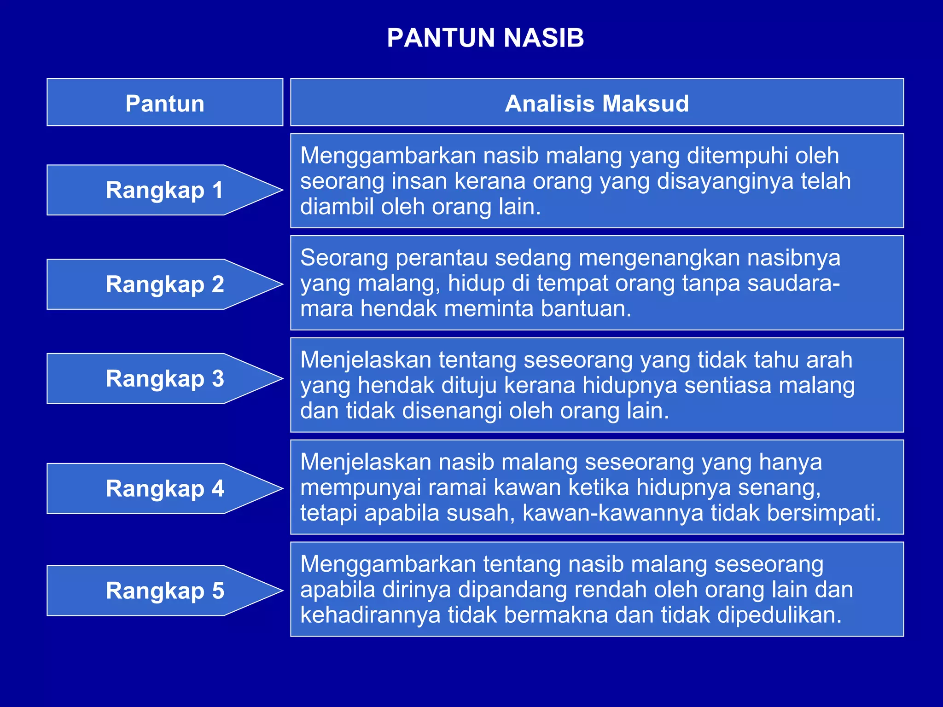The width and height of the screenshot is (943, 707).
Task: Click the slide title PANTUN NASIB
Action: pyautogui.click(x=485, y=38)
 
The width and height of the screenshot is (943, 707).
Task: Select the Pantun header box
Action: pyautogui.click(x=165, y=103)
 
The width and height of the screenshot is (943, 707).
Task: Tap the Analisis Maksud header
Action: pyautogui.click(x=597, y=103)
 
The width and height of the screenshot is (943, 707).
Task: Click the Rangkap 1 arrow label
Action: pyautogui.click(x=164, y=190)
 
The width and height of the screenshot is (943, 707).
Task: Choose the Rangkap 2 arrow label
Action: pyautogui.click(x=164, y=284)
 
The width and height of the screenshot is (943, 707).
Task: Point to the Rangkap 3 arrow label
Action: pyautogui.click(x=164, y=378)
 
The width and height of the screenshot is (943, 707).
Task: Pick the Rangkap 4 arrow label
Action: pyautogui.click(x=164, y=488)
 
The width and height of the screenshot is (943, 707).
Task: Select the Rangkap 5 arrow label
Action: pyautogui.click(x=164, y=591)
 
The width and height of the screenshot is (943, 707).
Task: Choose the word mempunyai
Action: pyautogui.click(x=361, y=488)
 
